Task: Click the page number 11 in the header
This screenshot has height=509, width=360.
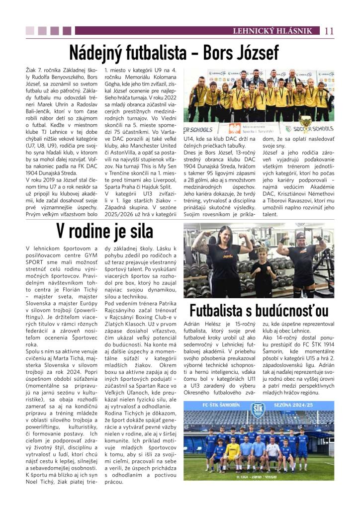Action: coord(329,31)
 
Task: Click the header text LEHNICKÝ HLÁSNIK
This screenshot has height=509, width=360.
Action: coord(282,31)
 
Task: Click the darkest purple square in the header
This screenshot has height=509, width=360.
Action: coord(69,31)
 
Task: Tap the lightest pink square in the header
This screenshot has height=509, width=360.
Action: coord(30,31)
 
